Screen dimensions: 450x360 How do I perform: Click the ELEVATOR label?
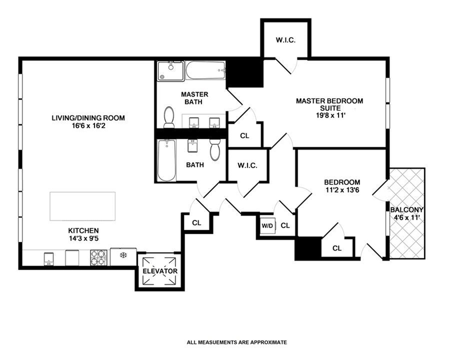click(x=160, y=271)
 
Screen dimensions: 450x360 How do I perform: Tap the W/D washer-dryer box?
click(x=268, y=226)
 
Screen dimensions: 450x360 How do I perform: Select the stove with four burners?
click(x=99, y=258)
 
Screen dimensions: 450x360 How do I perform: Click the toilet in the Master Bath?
click(x=169, y=117)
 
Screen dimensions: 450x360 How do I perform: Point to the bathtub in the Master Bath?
click(x=205, y=70)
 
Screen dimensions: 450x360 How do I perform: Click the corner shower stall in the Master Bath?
click(x=170, y=71)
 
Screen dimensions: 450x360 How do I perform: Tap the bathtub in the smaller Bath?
click(x=166, y=160)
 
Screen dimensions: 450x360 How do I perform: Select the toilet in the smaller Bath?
click(x=215, y=150)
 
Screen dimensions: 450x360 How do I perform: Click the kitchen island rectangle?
click(x=83, y=206)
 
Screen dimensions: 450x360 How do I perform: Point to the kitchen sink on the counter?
click(x=49, y=259)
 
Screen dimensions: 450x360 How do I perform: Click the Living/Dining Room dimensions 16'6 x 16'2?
click(x=88, y=126)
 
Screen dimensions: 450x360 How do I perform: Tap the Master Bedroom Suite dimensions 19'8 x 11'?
click(x=330, y=115)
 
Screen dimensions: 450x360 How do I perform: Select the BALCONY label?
click(x=407, y=210)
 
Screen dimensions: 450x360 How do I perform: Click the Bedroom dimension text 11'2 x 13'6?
click(x=342, y=190)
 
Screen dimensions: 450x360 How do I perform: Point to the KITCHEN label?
click(x=83, y=231)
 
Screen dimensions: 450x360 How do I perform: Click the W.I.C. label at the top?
click(x=286, y=40)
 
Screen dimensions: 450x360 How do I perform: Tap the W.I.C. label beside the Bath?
click(x=247, y=165)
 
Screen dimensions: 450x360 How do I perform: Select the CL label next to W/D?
click(x=285, y=226)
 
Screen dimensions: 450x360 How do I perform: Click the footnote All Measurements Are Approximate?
click(x=237, y=342)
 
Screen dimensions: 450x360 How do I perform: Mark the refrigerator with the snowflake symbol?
click(x=123, y=256)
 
